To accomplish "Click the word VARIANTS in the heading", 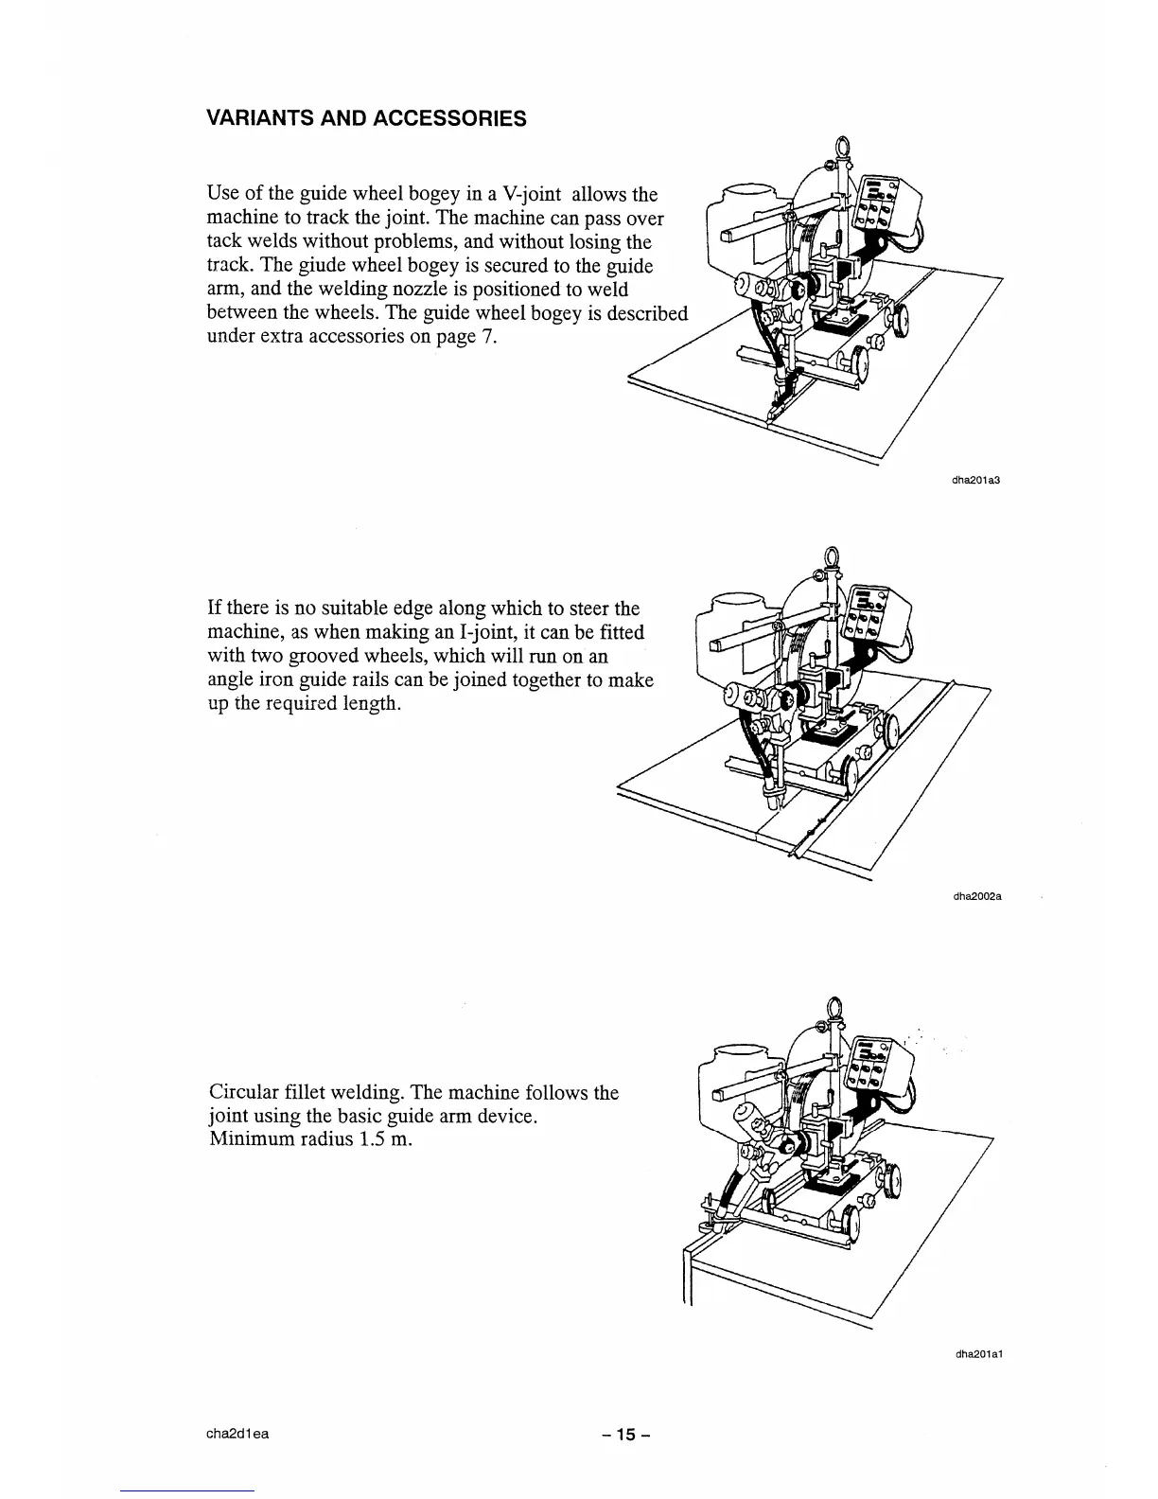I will [254, 118].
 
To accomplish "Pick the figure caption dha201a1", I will [978, 1354].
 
